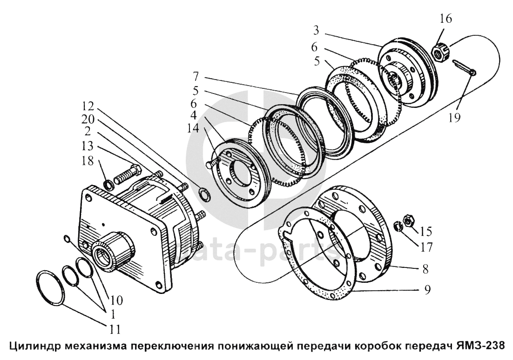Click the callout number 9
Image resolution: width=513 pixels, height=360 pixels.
pyautogui.click(x=426, y=290)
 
